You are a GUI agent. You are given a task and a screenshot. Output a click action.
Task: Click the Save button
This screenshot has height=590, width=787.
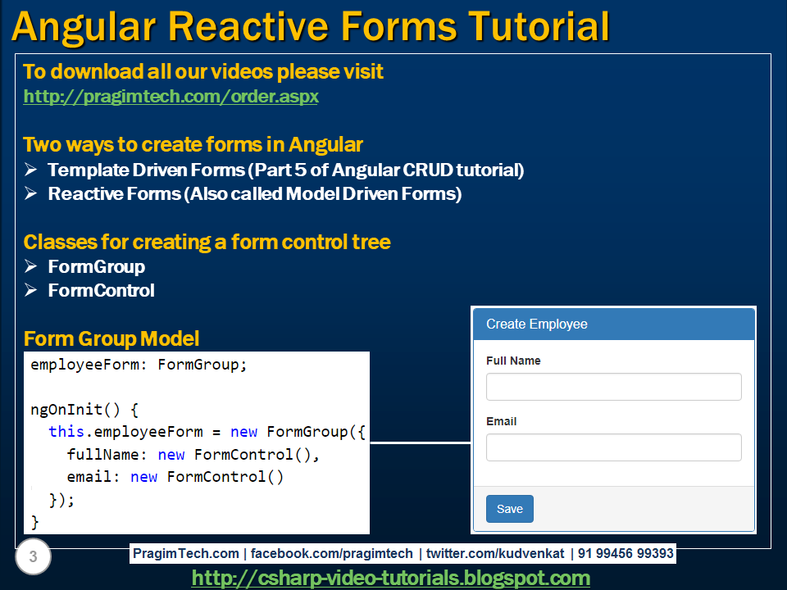509,509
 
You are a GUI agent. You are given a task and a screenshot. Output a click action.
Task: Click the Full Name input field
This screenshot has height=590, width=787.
613,387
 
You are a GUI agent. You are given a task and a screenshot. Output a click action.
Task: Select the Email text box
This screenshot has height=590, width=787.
613,447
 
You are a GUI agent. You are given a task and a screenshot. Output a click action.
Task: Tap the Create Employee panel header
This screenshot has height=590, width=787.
613,324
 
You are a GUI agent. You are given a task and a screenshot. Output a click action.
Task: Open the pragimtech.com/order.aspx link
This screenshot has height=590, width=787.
171,97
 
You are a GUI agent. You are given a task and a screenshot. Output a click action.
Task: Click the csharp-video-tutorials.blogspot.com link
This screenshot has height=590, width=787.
390,578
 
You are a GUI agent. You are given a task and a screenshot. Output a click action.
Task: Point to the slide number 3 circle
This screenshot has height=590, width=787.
33,558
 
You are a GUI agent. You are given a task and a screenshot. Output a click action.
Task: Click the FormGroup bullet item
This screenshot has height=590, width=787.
96,267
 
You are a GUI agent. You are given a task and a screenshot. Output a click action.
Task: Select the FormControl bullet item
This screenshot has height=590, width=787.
101,291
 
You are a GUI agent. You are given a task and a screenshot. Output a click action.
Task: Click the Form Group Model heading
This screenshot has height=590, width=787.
111,339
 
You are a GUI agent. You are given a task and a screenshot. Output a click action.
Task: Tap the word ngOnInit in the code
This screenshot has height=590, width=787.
67,409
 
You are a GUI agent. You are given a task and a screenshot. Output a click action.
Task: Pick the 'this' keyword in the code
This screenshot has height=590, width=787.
66,432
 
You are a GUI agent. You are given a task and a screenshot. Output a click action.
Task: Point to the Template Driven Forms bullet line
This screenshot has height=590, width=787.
285,170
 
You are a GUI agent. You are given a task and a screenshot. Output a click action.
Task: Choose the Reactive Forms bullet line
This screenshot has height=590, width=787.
254,194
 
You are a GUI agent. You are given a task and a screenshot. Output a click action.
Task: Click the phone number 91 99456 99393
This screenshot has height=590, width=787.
626,554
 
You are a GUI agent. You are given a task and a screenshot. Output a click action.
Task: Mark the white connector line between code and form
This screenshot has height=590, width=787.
421,443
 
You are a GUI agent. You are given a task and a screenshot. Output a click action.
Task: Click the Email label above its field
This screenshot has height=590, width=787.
501,421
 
